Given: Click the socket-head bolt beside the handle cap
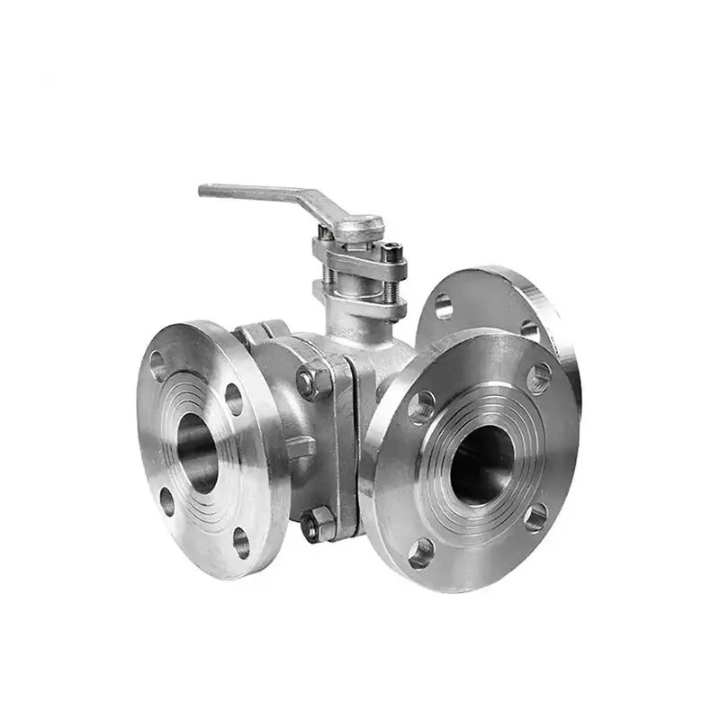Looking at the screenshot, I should click(x=392, y=253).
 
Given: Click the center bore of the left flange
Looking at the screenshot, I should click(x=198, y=453).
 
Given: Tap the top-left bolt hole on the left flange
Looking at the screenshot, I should click(x=158, y=365).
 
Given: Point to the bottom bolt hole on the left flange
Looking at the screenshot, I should click(x=241, y=542).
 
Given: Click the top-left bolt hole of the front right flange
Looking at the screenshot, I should click(x=421, y=407).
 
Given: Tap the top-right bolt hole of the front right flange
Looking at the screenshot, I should click(x=538, y=377).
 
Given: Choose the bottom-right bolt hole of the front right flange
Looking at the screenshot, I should click(x=536, y=517).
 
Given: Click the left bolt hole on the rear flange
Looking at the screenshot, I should click(x=444, y=307).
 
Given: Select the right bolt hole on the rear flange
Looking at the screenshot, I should click(x=530, y=331).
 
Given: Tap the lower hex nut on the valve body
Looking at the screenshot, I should click(x=318, y=524).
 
